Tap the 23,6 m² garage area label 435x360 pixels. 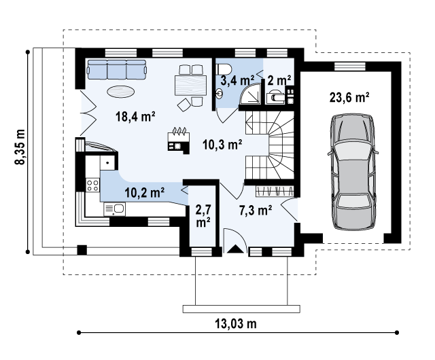[349, 97]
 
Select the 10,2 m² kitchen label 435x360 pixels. [145, 192]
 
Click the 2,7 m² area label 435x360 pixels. [203, 215]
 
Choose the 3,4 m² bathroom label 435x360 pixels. [234, 82]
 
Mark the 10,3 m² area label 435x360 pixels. [223, 144]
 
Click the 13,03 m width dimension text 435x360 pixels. [235, 323]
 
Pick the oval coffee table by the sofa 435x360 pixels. [120, 90]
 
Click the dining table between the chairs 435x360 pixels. [190, 85]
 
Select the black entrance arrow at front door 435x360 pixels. [235, 249]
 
